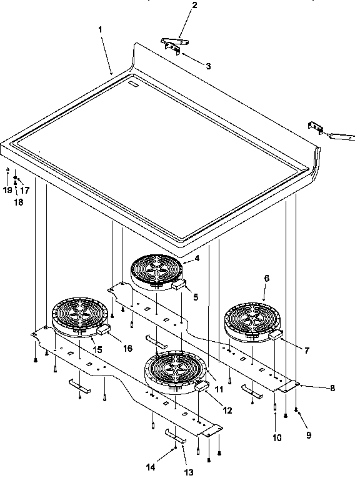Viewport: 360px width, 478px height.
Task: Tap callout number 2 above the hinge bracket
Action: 177,6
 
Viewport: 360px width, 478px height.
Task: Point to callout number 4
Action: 197,257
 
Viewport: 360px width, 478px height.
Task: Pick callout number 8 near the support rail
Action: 332,388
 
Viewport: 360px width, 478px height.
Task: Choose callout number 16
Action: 127,348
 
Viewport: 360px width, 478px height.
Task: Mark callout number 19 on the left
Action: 7,189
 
